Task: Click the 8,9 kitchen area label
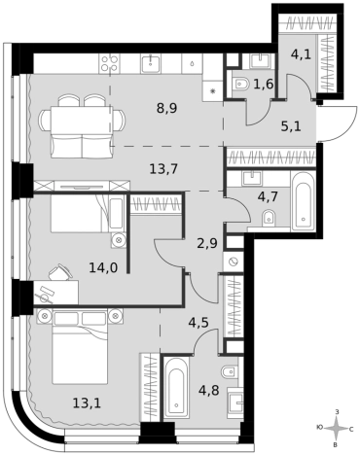coord(166,108)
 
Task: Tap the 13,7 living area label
coord(163,169)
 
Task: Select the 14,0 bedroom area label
coord(103,267)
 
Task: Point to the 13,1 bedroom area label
coord(87,403)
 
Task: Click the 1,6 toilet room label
coord(264,85)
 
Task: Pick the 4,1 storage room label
coord(301,53)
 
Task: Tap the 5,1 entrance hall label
coord(291,125)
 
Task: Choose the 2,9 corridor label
coord(207,243)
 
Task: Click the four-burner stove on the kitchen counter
coord(109,63)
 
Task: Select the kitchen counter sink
coord(151,63)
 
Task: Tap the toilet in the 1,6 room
coord(240,84)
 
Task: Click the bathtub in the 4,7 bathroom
coord(304,201)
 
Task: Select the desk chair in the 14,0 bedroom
coord(60,271)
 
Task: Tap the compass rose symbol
coord(338,429)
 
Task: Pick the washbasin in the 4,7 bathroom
coord(251,179)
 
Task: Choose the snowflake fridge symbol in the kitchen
coord(213,91)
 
